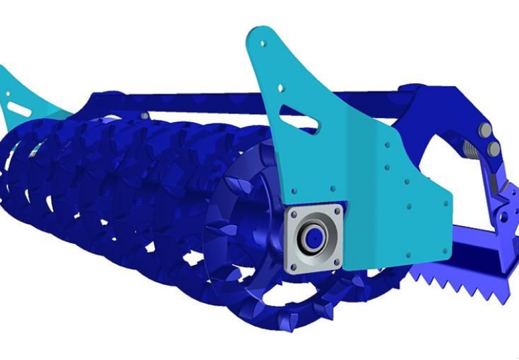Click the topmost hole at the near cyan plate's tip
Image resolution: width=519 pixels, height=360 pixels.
click(x=263, y=44)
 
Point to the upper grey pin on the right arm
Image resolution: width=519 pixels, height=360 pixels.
click(x=485, y=130)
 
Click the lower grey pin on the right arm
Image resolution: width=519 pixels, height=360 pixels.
click(x=493, y=149)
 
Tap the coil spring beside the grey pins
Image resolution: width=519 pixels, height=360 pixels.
click(x=471, y=149)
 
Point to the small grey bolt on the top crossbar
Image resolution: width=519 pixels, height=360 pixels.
click(x=145, y=116)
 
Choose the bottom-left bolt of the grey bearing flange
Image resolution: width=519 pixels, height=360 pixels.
click(x=291, y=267)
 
